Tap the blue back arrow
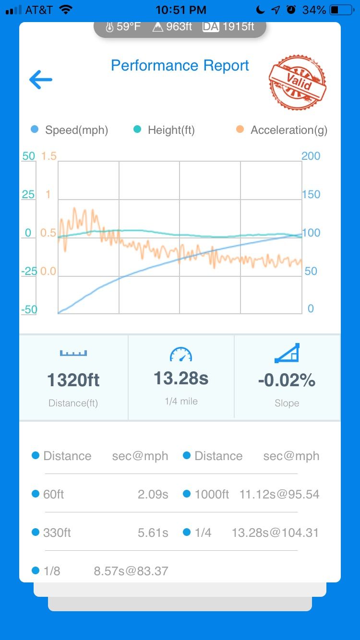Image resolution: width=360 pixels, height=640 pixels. click(41, 80)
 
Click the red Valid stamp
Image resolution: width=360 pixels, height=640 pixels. click(298, 83)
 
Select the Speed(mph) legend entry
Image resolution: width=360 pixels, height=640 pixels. click(70, 130)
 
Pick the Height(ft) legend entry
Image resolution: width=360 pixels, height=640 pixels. click(165, 130)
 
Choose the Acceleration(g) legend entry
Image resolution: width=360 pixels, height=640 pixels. click(282, 130)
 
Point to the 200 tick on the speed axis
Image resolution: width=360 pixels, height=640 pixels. click(311, 156)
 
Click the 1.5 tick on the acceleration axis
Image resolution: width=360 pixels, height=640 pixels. click(49, 156)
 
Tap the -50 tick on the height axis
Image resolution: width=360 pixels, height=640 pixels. click(29, 309)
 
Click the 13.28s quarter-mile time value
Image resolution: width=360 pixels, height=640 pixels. click(181, 378)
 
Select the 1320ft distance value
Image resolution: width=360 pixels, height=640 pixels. click(73, 380)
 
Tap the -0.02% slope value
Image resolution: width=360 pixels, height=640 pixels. click(287, 380)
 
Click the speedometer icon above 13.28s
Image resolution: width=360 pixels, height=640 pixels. click(181, 354)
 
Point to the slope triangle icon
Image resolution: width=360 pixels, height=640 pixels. click(287, 353)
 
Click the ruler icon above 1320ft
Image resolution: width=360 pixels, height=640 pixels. click(73, 353)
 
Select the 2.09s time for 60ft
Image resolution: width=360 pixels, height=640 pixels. click(153, 494)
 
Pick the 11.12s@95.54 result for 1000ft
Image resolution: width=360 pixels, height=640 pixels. click(279, 494)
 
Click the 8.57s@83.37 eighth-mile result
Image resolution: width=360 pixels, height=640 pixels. click(131, 571)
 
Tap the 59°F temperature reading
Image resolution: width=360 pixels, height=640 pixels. click(123, 27)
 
